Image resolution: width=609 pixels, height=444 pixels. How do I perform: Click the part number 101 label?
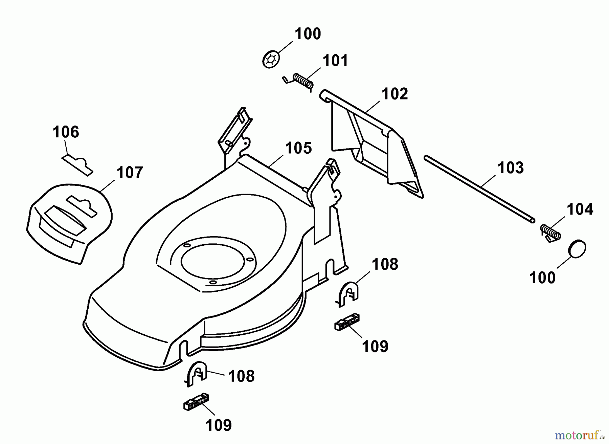[x=335, y=61]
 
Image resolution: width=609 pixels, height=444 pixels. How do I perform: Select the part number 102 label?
[x=395, y=94]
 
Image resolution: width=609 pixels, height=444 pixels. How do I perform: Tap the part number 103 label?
[x=511, y=168]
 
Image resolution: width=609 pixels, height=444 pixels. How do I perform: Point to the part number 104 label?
[x=580, y=209]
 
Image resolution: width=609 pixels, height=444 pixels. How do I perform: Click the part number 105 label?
[x=298, y=148]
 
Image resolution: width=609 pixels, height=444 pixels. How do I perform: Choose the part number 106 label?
[x=66, y=132]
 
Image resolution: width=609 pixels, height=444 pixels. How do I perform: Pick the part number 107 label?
[x=130, y=173]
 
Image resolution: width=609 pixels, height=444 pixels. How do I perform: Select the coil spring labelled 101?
[x=303, y=82]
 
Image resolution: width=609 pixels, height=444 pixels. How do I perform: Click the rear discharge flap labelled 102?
[x=372, y=146]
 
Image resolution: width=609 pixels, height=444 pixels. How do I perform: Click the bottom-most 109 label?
[x=219, y=425]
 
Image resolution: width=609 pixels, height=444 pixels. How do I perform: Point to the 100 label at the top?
[x=308, y=34]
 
